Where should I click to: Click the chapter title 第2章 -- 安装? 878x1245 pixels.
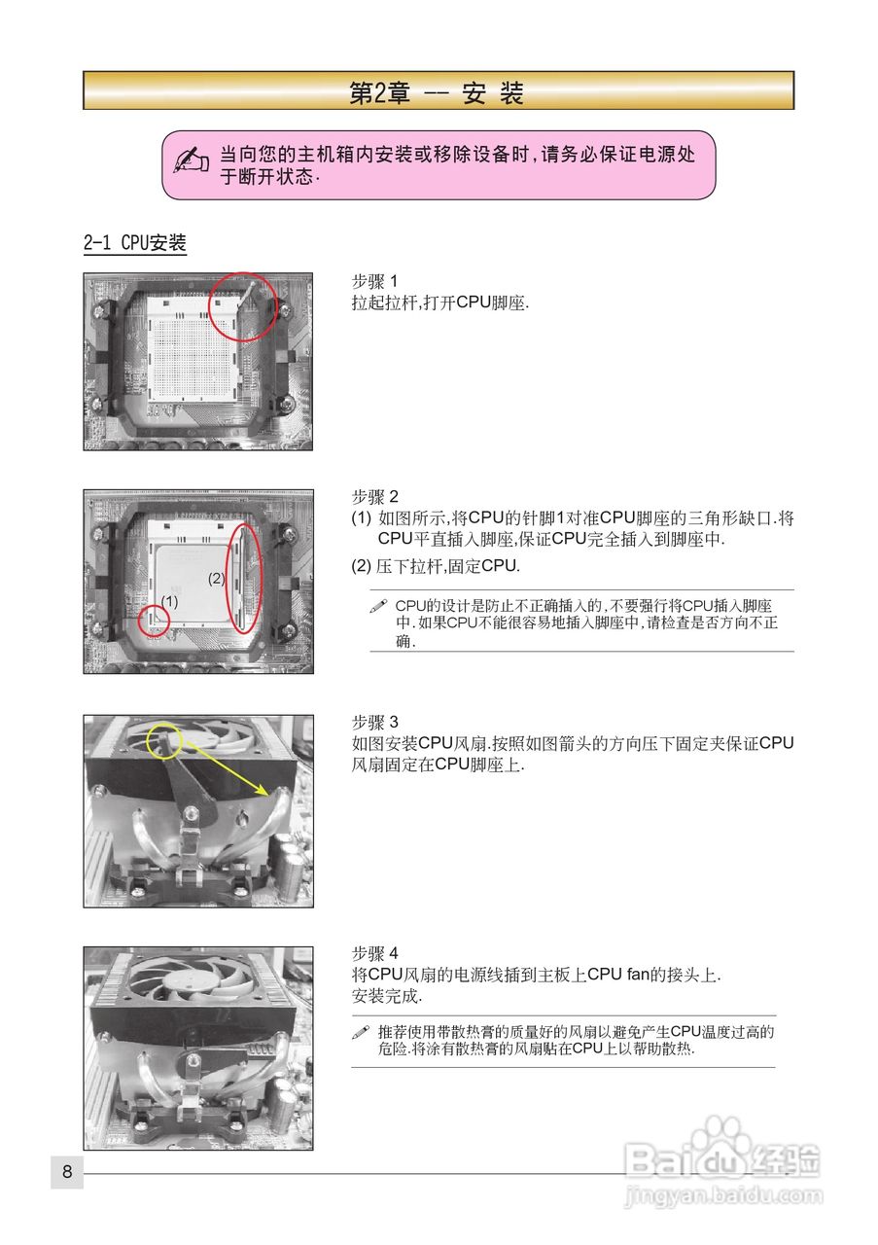pos(437,92)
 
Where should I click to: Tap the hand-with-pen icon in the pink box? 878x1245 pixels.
pos(191,160)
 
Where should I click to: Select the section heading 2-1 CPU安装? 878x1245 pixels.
pos(134,243)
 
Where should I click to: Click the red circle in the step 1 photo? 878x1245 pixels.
pos(243,306)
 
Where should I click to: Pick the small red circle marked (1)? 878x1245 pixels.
pos(154,621)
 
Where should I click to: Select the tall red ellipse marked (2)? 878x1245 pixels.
pos(243,578)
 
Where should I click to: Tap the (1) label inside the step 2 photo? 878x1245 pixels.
pos(170,601)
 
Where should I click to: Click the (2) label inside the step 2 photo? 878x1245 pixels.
pos(217,578)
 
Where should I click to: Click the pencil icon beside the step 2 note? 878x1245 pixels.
pos(379,607)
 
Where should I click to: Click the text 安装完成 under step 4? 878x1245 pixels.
pos(387,996)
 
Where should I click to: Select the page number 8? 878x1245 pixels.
pos(67,1172)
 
